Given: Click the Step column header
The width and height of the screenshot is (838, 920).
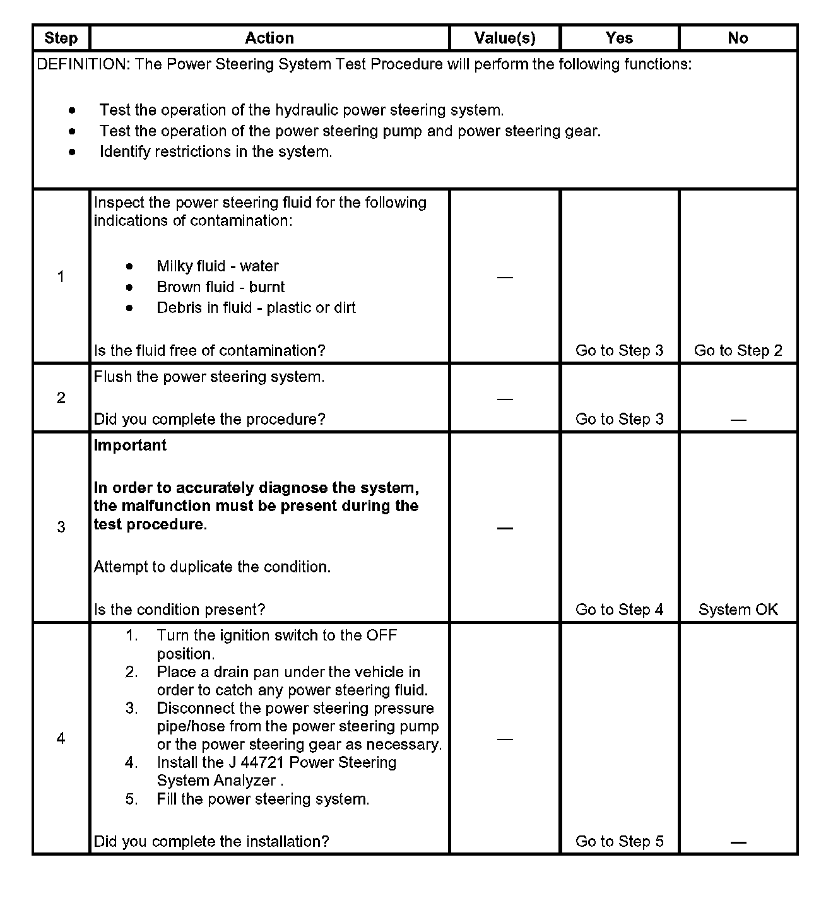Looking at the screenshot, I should coord(61,38).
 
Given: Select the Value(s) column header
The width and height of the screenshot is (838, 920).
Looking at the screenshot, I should coord(505,38).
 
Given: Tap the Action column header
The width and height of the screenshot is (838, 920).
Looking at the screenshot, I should coord(269,38).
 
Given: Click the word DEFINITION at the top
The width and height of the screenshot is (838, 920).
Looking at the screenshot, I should coord(83,64).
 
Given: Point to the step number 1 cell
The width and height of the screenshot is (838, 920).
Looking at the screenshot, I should coord(61,276).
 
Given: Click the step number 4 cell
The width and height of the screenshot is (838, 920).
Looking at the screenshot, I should coord(61,738).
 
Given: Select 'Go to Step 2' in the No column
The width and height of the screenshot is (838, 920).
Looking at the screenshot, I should coord(738,351).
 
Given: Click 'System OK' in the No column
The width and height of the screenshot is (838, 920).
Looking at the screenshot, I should coord(738,610).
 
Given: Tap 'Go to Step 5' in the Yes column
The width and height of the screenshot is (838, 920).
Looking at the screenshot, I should coord(619,841).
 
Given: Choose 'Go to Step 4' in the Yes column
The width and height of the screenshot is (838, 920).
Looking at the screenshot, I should coord(619,610).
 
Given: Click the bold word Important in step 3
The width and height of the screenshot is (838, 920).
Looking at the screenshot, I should coord(130,445).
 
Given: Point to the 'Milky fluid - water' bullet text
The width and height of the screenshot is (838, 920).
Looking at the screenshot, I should coord(217,266).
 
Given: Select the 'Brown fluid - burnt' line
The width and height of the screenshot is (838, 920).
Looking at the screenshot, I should coord(220,287).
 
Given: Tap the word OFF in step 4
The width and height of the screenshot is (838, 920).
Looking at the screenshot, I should coord(382,635).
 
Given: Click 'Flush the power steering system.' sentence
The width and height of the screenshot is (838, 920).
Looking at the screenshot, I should coord(209,377).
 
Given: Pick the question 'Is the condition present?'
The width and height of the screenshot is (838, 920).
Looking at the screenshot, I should coord(179,610).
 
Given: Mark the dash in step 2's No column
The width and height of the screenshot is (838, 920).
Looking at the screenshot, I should coord(738,420).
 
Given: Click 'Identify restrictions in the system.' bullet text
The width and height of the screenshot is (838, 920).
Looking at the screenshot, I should coord(215,152).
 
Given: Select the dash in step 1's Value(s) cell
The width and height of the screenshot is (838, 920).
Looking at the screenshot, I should coord(505,277).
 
